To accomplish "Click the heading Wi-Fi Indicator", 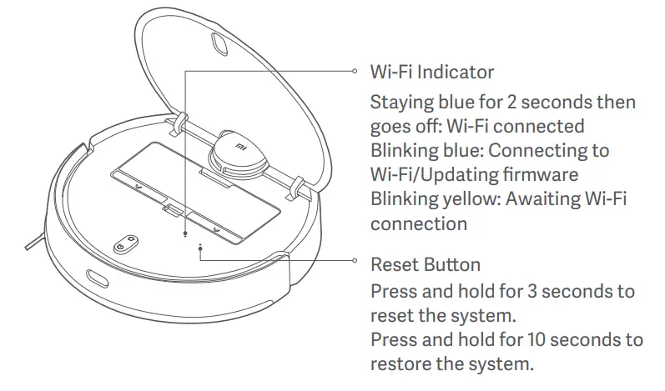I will (431, 73).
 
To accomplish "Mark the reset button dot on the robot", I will (200, 247).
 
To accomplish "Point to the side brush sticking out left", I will (32, 242).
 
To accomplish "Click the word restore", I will (400, 364).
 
